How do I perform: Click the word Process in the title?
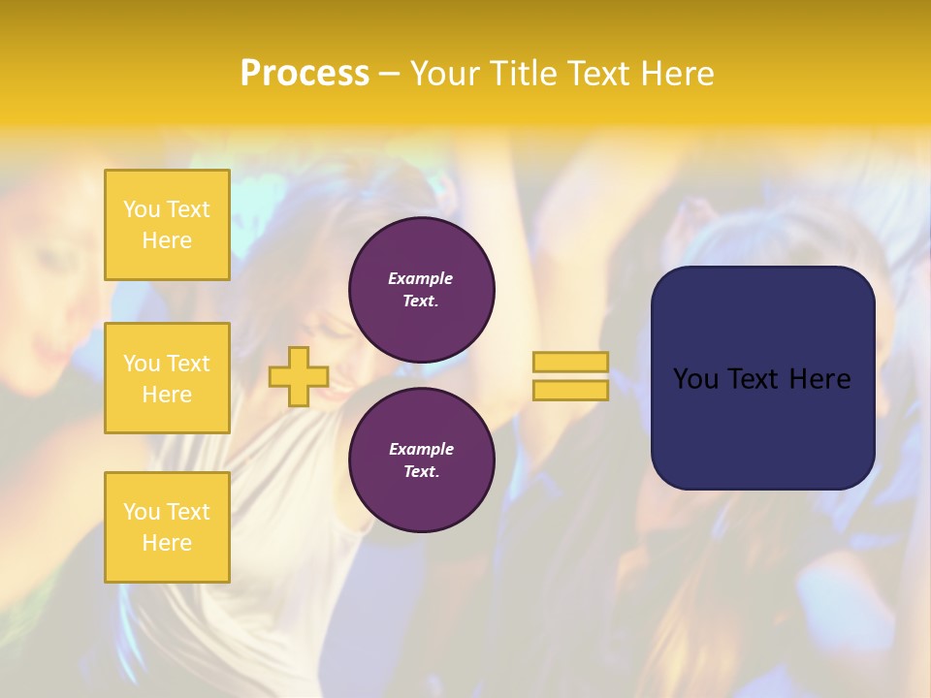[x=305, y=74]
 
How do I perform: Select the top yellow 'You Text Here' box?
[x=167, y=225]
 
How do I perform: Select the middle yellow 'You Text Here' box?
[x=167, y=378]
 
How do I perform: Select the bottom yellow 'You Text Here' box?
[x=167, y=527]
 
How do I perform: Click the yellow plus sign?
[x=299, y=376]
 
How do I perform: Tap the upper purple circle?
[x=422, y=290]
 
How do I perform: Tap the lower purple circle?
[x=422, y=460]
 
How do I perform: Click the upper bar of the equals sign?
[x=570, y=363]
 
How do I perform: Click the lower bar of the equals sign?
[x=570, y=391]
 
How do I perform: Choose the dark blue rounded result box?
[x=762, y=378]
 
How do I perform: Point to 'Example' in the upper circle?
[x=421, y=279]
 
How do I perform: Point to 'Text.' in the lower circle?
[x=421, y=472]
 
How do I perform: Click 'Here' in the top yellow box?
[x=167, y=240]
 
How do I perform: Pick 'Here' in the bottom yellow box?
[x=167, y=543]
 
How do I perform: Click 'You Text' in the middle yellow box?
[x=167, y=364]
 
